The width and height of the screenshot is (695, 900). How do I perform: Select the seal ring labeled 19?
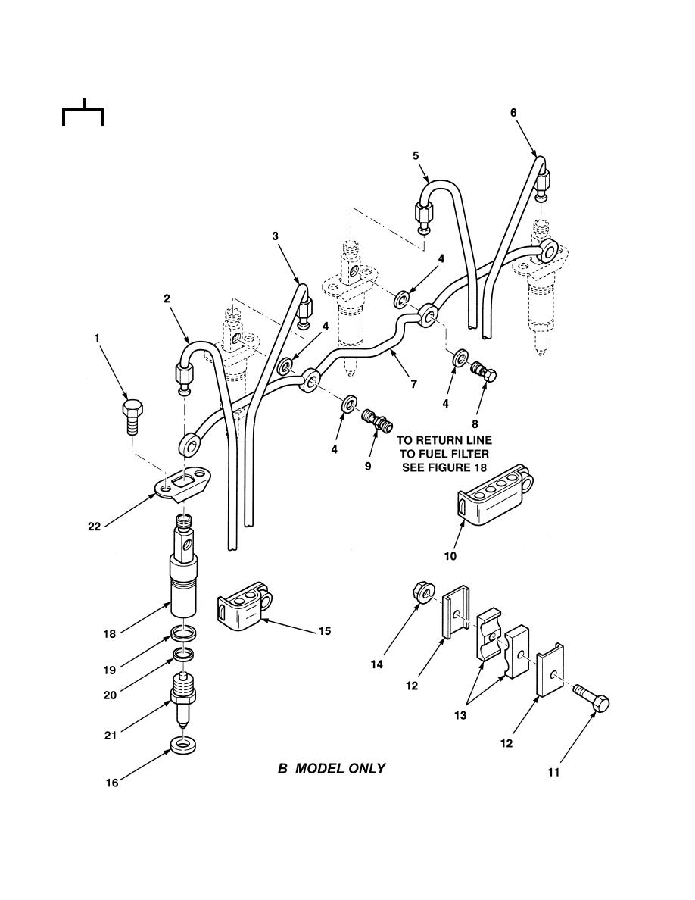coord(185,633)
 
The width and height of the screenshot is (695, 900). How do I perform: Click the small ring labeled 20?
coord(184,654)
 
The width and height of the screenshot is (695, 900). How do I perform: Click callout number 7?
coord(414,384)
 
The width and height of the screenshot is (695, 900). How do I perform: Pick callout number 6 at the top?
coord(513,113)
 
